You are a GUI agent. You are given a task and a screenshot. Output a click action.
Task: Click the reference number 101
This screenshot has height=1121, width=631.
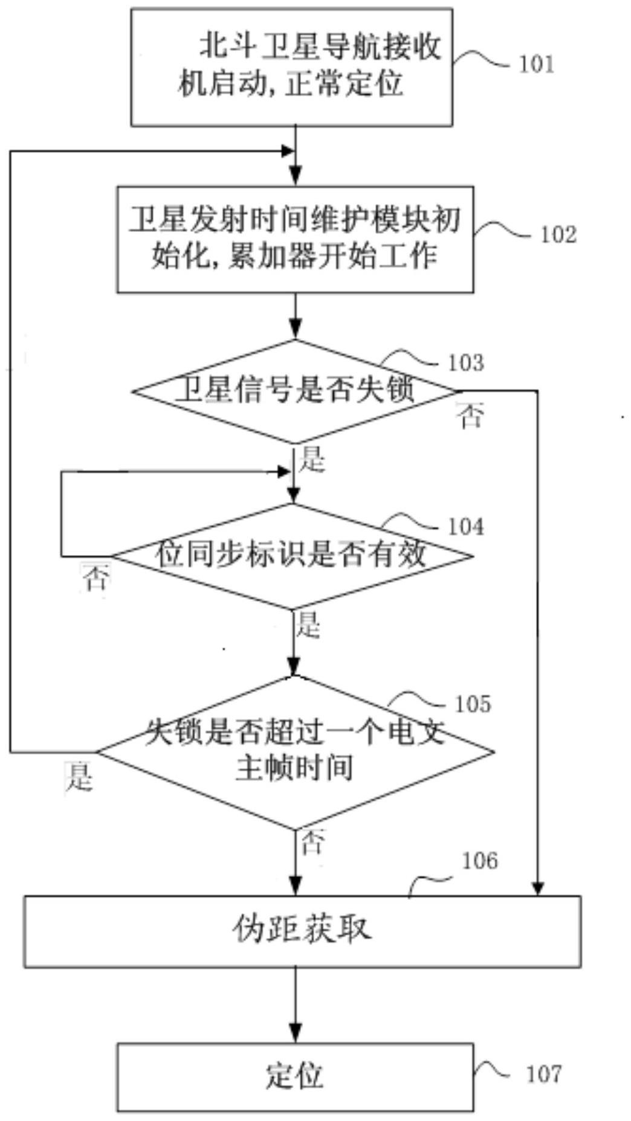(537, 63)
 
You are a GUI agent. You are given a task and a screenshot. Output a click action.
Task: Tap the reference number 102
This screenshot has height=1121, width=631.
(558, 234)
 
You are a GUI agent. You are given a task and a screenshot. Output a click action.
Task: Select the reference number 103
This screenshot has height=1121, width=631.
(466, 362)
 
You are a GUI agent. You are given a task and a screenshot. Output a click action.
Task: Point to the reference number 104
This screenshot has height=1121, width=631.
(466, 527)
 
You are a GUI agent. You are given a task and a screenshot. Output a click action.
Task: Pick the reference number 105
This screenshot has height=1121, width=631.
(473, 704)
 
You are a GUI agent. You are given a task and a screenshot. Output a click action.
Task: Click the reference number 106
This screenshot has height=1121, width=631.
(480, 861)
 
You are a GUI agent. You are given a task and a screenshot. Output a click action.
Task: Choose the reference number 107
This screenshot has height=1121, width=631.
(544, 1074)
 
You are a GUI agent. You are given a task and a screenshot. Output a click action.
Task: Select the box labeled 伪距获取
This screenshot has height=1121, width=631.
(302, 931)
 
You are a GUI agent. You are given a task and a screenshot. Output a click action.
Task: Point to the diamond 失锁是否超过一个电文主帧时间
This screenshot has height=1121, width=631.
(295, 752)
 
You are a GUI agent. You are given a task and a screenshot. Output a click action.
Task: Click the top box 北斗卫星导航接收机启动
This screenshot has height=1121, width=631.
(292, 66)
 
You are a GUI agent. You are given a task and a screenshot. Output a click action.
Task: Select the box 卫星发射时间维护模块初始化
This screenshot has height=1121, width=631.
(295, 239)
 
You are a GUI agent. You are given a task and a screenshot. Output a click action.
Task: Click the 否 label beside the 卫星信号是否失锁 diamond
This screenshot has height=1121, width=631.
(471, 416)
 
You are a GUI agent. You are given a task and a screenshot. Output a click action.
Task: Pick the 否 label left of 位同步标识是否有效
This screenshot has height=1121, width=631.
(95, 578)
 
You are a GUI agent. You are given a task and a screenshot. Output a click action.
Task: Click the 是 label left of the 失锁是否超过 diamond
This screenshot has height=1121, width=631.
(79, 776)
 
